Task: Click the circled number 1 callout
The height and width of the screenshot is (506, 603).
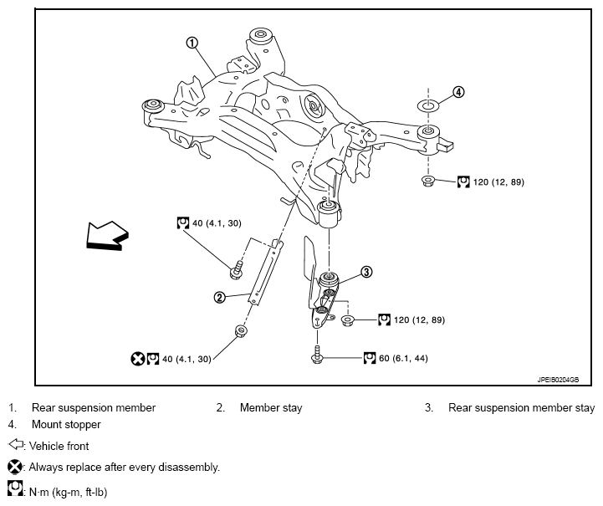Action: click(x=192, y=43)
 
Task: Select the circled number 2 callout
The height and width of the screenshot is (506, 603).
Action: click(x=220, y=297)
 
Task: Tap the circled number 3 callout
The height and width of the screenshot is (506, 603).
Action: click(x=366, y=272)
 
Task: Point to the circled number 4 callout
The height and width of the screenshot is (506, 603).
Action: click(x=458, y=92)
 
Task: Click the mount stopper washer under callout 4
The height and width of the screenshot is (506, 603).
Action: click(x=428, y=105)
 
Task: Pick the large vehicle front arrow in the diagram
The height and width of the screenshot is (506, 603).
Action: click(x=107, y=236)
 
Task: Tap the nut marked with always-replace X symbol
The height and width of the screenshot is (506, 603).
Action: click(x=241, y=330)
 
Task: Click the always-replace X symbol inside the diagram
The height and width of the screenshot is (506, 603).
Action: click(x=137, y=359)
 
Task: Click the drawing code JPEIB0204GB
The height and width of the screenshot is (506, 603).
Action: click(x=558, y=380)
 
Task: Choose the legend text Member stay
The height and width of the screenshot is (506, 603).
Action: click(x=271, y=407)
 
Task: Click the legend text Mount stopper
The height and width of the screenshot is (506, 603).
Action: click(x=66, y=425)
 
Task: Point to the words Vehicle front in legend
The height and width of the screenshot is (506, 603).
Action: click(x=59, y=446)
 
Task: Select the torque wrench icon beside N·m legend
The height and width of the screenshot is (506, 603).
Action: click(x=15, y=488)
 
